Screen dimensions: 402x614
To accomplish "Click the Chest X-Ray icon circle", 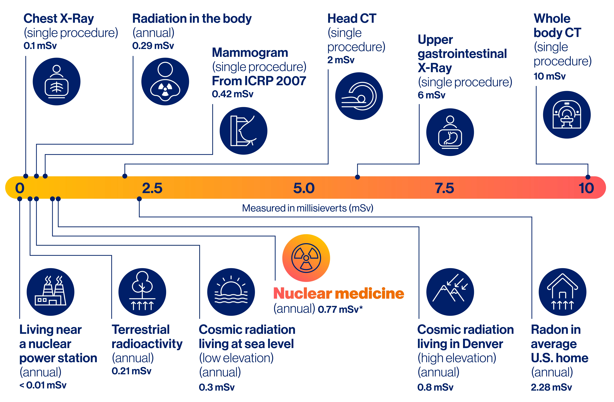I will pos(57,81).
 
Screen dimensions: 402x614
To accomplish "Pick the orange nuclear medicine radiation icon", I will pos(306,258).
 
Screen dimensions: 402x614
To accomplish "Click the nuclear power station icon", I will pos(51,292).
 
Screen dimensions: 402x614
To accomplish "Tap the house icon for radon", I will pos(562,292).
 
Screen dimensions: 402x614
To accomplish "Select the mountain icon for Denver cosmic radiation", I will pos(450,292).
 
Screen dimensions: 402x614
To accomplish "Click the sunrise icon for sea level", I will pos(231,292).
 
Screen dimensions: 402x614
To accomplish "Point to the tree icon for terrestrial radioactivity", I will pos(142,292).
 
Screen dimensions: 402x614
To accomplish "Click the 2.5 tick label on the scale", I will pos(152,188).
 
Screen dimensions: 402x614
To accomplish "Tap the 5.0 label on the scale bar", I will pos(304,188).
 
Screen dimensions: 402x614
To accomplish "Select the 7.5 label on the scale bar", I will pos(444,188).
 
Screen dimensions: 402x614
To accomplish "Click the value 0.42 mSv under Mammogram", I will pos(232,94).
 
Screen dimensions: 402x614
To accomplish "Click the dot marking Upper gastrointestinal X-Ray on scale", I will pos(357,177).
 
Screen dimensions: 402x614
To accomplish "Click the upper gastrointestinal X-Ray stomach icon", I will pos(450,132).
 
